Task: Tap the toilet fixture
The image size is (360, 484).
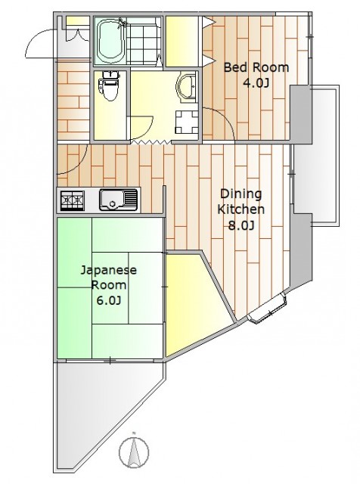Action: coord(108,85)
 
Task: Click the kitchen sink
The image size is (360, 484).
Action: coord(118,200)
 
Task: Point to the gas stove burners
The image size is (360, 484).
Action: coord(73,200)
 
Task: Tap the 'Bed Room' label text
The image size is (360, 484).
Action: coord(256,67)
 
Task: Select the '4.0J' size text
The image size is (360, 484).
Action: coord(256,82)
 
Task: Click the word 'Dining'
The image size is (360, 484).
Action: coord(241,194)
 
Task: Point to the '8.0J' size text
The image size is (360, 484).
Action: coord(241,225)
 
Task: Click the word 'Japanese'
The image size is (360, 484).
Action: coord(109,271)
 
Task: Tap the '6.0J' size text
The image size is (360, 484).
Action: coord(108,300)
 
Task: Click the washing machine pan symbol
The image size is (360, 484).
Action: coord(187,122)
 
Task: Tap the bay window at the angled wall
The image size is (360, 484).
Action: coord(268,309)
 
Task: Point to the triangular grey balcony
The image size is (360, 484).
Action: coord(102,402)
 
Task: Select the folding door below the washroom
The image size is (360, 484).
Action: coord(151,142)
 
